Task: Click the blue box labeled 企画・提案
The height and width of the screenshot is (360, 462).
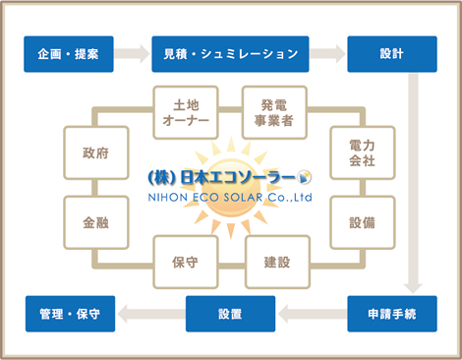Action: click(68, 53)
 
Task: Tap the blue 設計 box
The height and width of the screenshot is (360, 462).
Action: click(392, 53)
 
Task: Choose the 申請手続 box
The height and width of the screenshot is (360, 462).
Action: click(392, 314)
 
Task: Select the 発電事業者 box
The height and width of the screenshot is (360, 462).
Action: click(274, 112)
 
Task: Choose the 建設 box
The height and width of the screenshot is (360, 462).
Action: click(277, 262)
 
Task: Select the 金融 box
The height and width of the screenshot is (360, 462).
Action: click(96, 221)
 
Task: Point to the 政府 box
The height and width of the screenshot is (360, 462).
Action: click(96, 152)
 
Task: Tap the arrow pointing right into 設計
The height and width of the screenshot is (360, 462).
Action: click(328, 53)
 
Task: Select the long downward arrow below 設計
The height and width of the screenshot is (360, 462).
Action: click(413, 182)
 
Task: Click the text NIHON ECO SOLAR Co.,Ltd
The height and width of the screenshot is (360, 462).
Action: click(228, 195)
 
